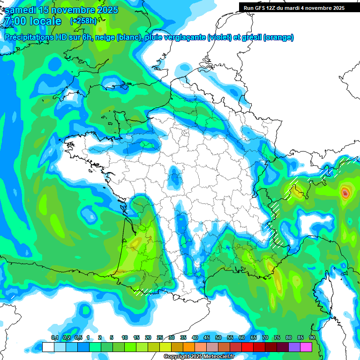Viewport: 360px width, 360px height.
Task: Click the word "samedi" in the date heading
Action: [x=20, y=10]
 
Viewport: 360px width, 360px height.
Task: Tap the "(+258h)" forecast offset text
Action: [x=83, y=21]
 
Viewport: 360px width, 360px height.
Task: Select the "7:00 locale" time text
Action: [x=32, y=21]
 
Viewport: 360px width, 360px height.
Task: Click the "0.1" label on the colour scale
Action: [x=54, y=338]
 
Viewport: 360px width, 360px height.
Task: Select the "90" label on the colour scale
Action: [x=312, y=338]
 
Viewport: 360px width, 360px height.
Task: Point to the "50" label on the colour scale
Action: [x=218, y=338]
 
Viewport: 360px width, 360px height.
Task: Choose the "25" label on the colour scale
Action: [x=160, y=338]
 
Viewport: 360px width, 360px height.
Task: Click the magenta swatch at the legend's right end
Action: [x=306, y=347]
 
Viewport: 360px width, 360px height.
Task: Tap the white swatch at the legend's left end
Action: [x=48, y=347]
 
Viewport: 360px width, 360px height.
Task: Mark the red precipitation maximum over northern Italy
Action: [x=345, y=192]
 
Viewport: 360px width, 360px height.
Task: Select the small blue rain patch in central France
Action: [x=175, y=179]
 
